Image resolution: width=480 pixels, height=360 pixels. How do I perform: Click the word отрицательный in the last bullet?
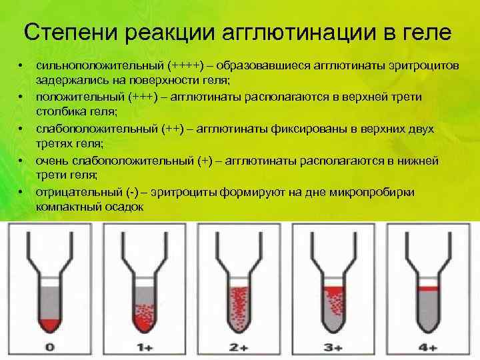tap(77, 192)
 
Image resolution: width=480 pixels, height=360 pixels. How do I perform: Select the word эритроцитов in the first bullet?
tap(433, 67)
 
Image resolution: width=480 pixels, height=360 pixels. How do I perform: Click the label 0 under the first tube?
tap(50, 347)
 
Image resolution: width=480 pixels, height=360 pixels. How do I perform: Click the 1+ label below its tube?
tap(145, 347)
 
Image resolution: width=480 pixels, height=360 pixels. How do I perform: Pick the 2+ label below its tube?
tap(239, 347)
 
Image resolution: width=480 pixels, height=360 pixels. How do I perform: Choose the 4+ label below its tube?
tap(428, 347)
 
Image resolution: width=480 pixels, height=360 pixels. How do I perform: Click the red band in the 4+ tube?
tap(428, 289)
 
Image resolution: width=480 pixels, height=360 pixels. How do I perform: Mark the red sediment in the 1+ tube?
tap(143, 321)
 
